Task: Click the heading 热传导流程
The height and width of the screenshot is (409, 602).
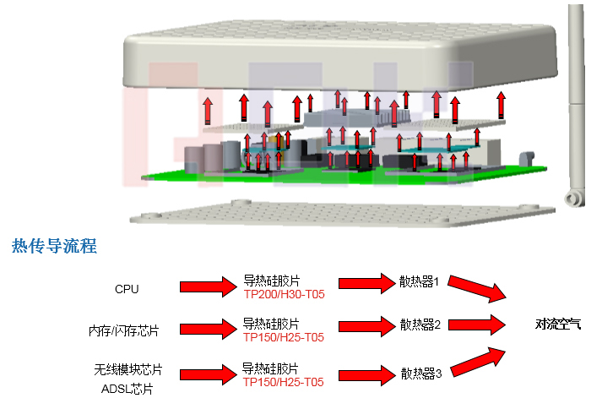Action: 54,247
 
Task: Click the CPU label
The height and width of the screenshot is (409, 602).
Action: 127,289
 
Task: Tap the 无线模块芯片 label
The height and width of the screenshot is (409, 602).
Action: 127,370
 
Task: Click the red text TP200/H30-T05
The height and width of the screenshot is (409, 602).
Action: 284,295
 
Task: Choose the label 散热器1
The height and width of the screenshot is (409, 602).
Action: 420,282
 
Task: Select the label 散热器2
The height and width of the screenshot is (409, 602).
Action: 420,324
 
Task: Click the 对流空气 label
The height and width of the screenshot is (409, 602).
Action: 558,324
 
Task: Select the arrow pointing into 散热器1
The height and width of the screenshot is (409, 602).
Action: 361,285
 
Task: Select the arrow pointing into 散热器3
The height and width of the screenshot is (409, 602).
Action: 361,373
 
